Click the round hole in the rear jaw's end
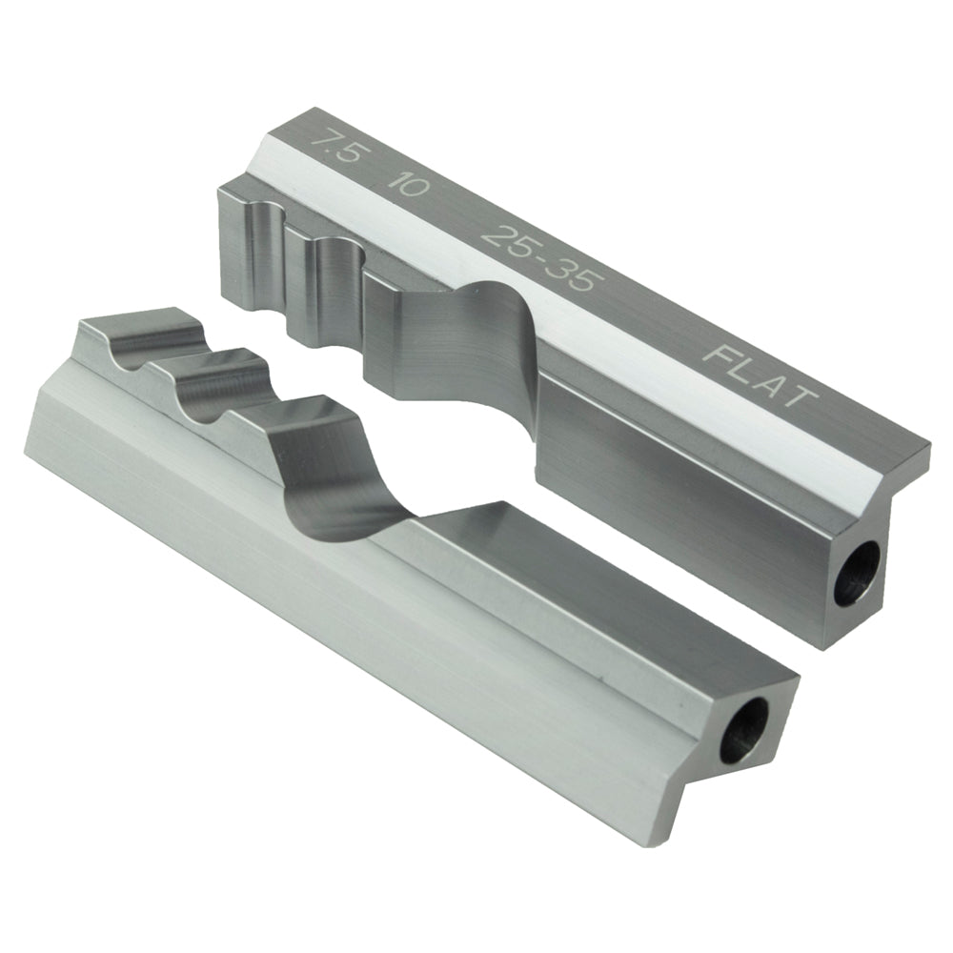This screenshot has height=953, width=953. coord(855,578)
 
